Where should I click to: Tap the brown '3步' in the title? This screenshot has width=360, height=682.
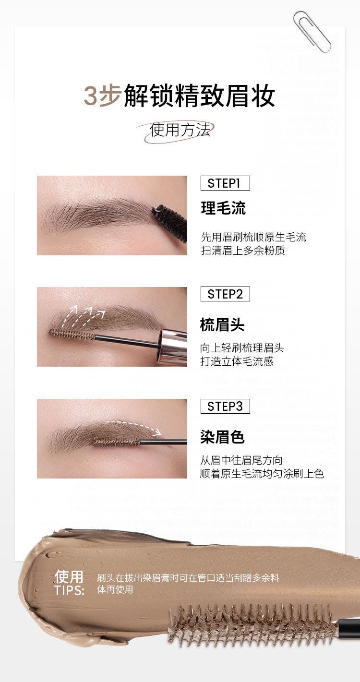[103, 96]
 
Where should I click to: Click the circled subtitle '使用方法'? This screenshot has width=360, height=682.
[180, 130]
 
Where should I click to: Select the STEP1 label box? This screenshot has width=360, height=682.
[225, 183]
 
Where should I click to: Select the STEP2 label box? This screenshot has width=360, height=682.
[225, 294]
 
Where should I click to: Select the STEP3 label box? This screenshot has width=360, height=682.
[225, 406]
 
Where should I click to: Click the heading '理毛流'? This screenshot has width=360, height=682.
[223, 208]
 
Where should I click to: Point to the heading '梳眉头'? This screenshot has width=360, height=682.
[222, 324]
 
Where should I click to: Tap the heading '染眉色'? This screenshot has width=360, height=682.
[222, 437]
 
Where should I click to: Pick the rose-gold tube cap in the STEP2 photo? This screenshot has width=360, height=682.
[173, 347]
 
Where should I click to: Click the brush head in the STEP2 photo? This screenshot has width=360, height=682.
[72, 335]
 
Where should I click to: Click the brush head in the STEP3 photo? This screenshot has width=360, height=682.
[117, 442]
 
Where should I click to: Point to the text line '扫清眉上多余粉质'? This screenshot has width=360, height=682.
[243, 250]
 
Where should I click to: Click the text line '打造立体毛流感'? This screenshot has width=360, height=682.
[237, 361]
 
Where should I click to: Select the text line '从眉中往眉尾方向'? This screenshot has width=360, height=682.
[241, 460]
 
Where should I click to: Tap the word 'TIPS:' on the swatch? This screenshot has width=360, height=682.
[69, 590]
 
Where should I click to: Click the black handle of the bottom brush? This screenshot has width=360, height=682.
[349, 628]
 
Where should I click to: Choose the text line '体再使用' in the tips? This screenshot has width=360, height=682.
[115, 589]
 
